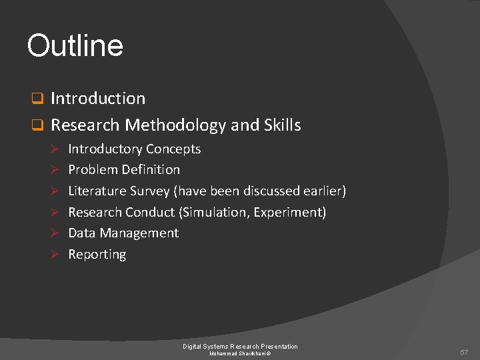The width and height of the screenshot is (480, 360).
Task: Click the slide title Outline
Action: [x=75, y=46]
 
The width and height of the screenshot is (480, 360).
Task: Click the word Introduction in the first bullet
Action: [x=98, y=99]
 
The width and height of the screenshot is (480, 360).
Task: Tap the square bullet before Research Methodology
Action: [x=38, y=125]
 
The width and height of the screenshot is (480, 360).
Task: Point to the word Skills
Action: [x=283, y=125]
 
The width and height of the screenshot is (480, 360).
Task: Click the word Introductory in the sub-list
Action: [x=105, y=149]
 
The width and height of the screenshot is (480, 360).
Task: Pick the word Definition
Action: [x=151, y=170]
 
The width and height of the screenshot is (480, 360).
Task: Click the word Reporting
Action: [x=97, y=255]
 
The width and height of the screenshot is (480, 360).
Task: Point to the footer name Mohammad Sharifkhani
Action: [x=239, y=353]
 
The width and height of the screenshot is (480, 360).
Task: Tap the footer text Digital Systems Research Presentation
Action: [x=240, y=346]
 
